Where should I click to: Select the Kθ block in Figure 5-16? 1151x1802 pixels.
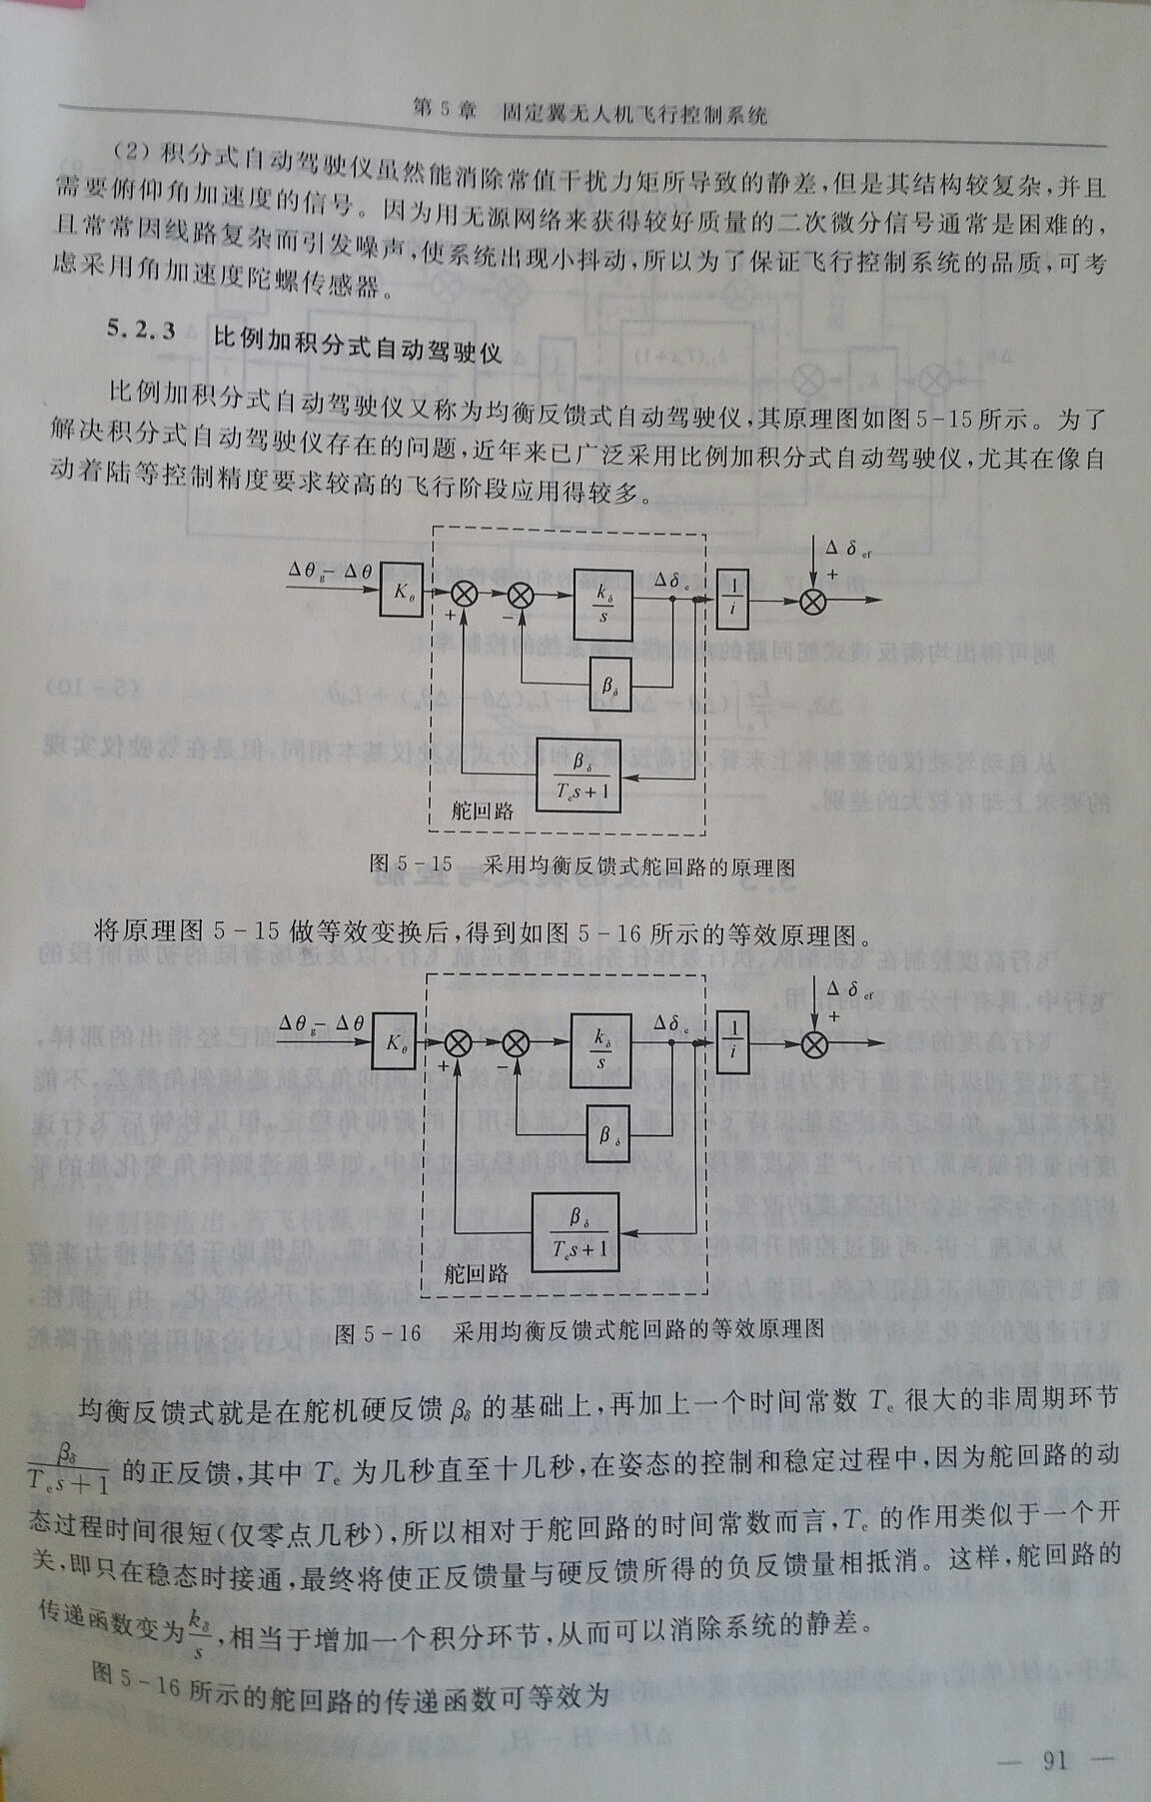(399, 1044)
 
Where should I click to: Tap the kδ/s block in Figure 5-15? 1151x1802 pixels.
(603, 600)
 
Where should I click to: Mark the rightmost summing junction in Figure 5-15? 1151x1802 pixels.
(814, 601)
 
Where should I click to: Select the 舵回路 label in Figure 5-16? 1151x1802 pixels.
(477, 1272)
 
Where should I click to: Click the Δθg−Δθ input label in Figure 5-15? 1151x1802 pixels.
(330, 571)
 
